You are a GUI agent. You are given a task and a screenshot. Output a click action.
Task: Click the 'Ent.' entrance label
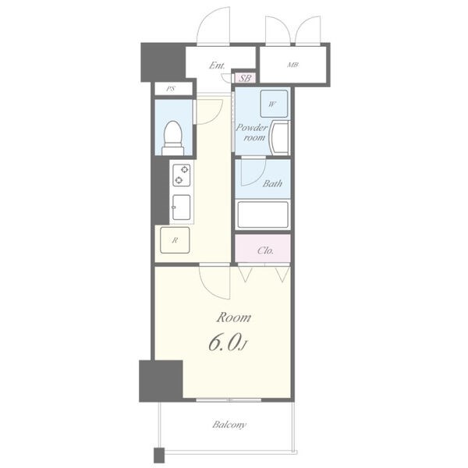(x=217, y=66)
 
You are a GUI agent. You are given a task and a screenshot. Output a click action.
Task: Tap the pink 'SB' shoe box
(x=245, y=78)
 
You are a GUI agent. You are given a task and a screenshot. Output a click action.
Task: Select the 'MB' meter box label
(x=292, y=65)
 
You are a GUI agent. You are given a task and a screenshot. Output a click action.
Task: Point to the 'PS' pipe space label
(x=171, y=89)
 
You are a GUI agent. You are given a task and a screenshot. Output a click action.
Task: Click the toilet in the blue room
(x=173, y=138)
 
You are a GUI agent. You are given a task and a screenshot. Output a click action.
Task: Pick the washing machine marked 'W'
(x=274, y=104)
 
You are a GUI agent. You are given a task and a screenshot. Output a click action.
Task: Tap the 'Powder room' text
(x=252, y=133)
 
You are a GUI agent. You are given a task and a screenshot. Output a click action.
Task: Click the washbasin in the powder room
(x=279, y=137)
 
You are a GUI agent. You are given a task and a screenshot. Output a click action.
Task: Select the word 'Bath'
(x=272, y=183)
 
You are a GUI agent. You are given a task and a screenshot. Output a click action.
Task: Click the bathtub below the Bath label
(x=263, y=214)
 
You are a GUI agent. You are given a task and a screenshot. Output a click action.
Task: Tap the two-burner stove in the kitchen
(x=182, y=175)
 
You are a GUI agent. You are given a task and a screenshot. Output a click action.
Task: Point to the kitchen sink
(x=181, y=207)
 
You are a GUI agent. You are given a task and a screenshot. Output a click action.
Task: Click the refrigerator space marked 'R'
(x=175, y=240)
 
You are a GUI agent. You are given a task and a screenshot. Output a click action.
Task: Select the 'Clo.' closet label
(x=265, y=250)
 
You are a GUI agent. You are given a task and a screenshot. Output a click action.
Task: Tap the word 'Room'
(x=234, y=317)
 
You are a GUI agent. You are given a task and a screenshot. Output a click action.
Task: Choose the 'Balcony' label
(x=229, y=424)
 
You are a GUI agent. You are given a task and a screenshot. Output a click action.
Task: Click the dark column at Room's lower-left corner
(x=161, y=381)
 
